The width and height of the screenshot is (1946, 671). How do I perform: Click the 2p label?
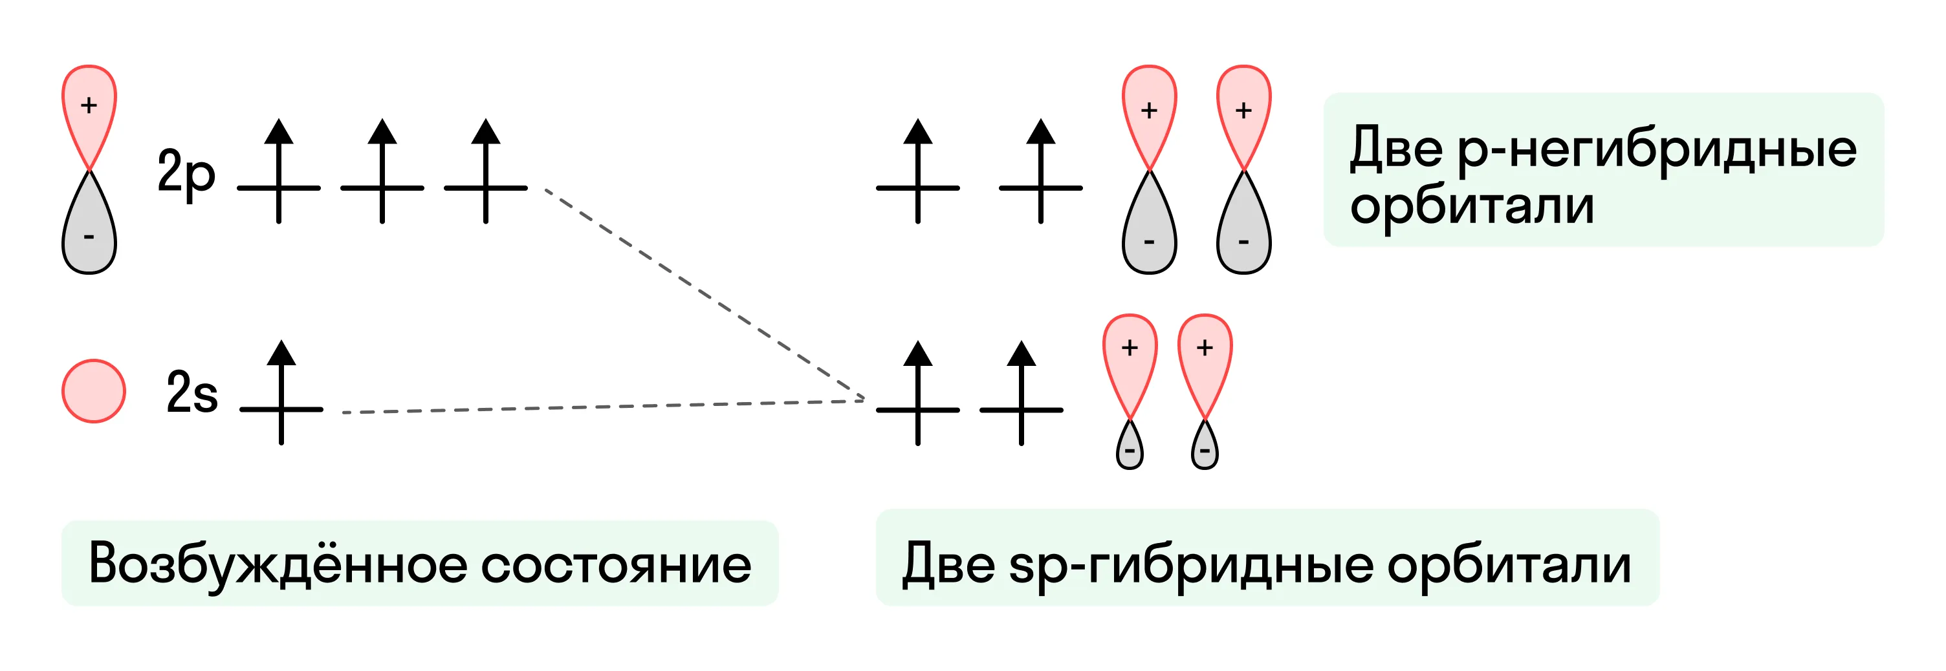click(x=186, y=175)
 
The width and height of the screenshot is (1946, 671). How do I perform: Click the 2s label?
click(x=192, y=392)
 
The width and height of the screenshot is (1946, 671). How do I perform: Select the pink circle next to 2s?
click(x=94, y=391)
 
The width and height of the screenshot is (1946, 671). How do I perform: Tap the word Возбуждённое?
click(x=278, y=564)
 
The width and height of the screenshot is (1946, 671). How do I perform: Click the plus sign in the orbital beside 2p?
click(x=89, y=105)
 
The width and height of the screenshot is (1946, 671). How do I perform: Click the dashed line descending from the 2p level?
click(x=705, y=294)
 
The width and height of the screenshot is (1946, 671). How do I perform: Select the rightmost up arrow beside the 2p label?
click(x=486, y=171)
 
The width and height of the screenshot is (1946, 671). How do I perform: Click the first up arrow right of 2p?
click(x=279, y=171)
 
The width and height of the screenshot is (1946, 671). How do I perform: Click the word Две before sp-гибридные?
click(x=949, y=564)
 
